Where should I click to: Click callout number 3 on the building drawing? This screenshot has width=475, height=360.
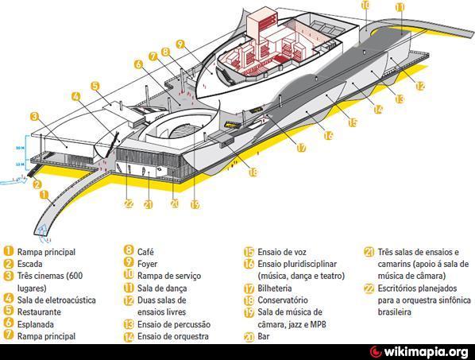(x=35, y=116)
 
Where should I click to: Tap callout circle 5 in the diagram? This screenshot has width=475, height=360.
(x=95, y=86)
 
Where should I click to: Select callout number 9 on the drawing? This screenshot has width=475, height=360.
(x=180, y=45)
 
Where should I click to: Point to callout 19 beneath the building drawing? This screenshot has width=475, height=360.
(x=195, y=204)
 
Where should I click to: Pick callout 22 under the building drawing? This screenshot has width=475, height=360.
(x=129, y=204)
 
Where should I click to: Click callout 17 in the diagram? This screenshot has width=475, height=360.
(x=301, y=148)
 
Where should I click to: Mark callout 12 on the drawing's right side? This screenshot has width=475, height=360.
(x=420, y=86)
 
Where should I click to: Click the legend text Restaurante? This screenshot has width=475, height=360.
(x=39, y=312)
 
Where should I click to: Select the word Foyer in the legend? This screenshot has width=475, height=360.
(x=147, y=264)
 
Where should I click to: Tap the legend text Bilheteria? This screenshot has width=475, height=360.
(x=275, y=288)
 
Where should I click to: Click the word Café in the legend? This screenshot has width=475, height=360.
(x=145, y=251)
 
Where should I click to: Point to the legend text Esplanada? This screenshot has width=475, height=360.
(x=36, y=324)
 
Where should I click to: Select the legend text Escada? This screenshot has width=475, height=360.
(x=29, y=264)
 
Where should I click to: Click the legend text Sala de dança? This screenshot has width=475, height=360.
(x=162, y=288)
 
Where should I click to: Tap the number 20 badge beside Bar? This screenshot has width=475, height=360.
(x=249, y=337)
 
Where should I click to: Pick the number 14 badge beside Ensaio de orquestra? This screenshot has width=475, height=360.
(x=129, y=337)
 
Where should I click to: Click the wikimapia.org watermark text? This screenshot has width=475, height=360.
(x=426, y=352)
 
